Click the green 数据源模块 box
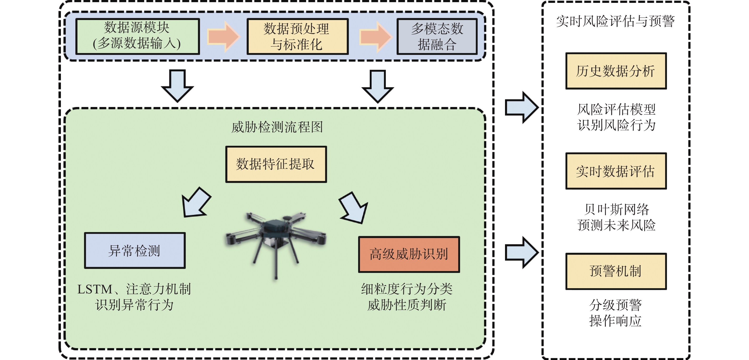[137, 36]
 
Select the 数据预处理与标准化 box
[297, 36]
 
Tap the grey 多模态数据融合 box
[437, 36]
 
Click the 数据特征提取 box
[276, 164]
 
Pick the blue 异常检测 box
[135, 250]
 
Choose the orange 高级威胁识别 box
[409, 254]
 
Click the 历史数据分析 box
[616, 71]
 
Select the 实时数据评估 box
[616, 171]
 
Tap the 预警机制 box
[616, 271]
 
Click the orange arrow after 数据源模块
[223, 37]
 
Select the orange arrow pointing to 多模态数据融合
[376, 37]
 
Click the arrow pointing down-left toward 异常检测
[196, 202]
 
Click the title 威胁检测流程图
[277, 127]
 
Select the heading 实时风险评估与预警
[616, 21]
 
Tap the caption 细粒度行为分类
[407, 289]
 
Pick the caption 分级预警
[616, 305]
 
